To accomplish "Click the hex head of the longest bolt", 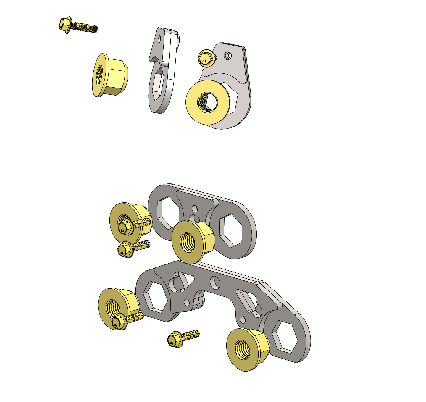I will (x=64, y=25).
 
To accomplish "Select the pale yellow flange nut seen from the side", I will (x=111, y=76).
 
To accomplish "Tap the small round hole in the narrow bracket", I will (x=160, y=38).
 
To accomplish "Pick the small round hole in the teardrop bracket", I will (x=228, y=55).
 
